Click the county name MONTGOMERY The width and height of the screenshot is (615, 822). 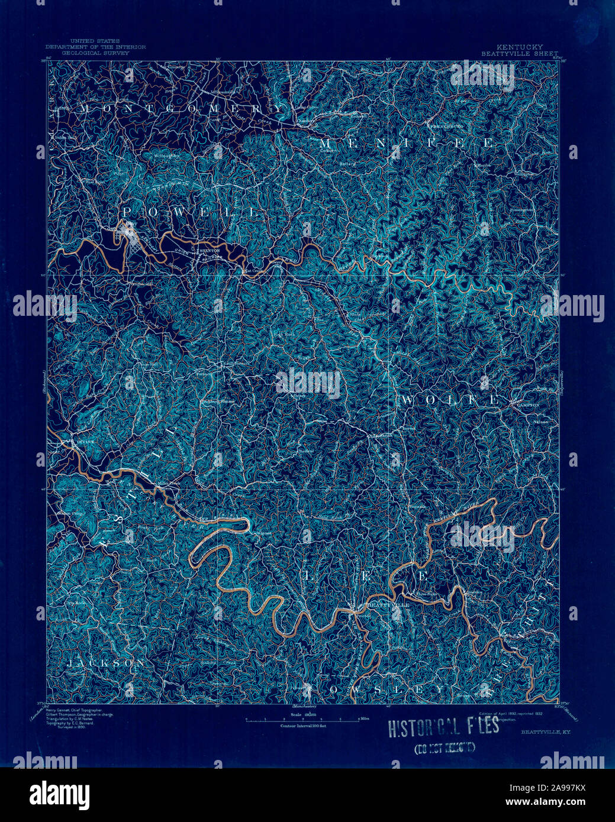point(180,109)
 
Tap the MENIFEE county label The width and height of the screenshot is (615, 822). point(406,143)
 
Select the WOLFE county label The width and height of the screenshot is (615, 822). point(450,400)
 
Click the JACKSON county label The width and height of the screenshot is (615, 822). point(105,664)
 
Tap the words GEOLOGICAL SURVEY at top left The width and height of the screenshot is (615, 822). point(95,53)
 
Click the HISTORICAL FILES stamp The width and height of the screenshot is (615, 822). point(443,728)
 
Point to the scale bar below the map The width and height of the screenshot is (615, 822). point(302,720)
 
